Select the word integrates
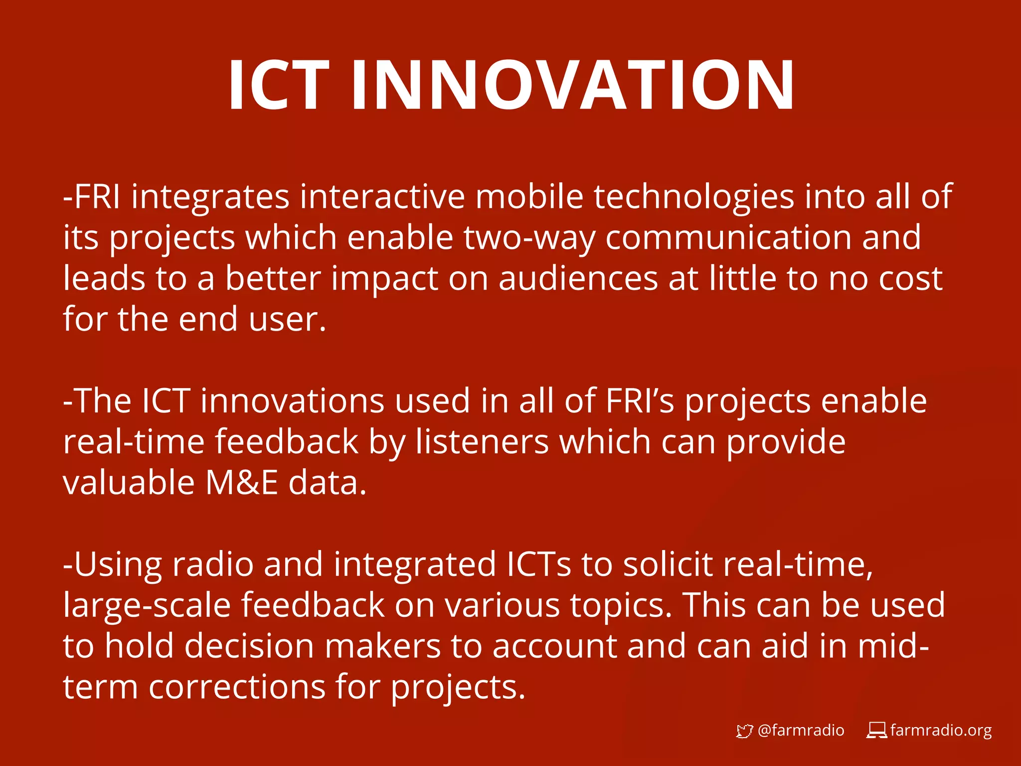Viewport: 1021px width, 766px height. coord(210,197)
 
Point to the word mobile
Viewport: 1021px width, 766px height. coord(529,196)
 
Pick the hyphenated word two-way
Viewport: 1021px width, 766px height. coord(529,238)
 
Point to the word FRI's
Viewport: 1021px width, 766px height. coord(640,401)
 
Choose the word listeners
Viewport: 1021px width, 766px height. coord(482,442)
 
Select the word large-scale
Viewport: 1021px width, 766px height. coord(147,606)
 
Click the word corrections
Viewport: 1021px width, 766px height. coord(237,687)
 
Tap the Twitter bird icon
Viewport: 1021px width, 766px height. coord(744,731)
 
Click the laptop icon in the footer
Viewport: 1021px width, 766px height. coord(876,731)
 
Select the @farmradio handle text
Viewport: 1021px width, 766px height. coord(801,731)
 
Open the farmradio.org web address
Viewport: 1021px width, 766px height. coord(941,731)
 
